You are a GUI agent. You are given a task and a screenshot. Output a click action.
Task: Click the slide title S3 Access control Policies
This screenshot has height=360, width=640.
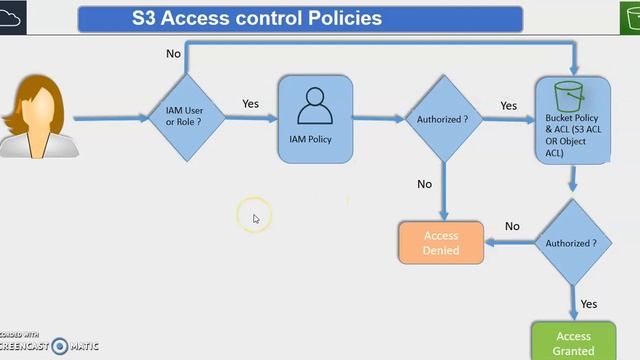pyautogui.click(x=300, y=18)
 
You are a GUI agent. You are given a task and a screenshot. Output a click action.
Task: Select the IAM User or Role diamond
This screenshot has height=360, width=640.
pyautogui.click(x=187, y=118)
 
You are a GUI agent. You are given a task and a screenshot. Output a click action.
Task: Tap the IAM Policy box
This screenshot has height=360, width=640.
pyautogui.click(x=315, y=119)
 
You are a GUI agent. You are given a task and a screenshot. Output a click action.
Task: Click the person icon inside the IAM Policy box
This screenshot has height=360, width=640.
pyautogui.click(x=315, y=104)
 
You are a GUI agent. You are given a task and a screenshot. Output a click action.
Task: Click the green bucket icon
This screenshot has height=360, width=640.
pyautogui.click(x=570, y=95)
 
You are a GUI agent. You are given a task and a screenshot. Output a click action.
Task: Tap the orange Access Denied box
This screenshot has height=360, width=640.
pyautogui.click(x=441, y=243)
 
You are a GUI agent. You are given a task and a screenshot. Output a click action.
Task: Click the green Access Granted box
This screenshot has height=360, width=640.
pyautogui.click(x=573, y=341)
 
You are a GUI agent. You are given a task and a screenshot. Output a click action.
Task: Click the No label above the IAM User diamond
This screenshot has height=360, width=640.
pyautogui.click(x=173, y=53)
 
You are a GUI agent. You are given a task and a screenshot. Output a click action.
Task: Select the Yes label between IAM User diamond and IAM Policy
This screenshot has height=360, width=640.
pyautogui.click(x=251, y=103)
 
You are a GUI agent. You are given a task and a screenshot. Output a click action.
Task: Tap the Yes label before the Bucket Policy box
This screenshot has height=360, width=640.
pyautogui.click(x=508, y=105)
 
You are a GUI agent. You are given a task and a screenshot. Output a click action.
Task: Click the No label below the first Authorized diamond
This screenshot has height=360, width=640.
pyautogui.click(x=424, y=184)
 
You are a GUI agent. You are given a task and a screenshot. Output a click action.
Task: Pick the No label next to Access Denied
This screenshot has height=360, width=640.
pyautogui.click(x=512, y=227)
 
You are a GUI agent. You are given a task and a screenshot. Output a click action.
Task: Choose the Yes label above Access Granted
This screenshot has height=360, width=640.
pyautogui.click(x=588, y=303)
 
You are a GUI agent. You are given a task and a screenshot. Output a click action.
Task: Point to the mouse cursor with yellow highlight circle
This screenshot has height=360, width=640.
pyautogui.click(x=255, y=217)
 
